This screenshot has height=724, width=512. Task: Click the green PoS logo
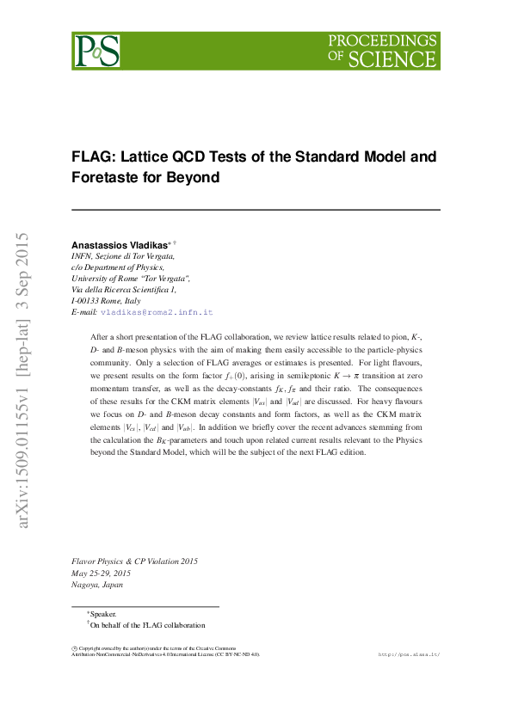[x=96, y=51]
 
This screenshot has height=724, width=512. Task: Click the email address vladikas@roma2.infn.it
[x=156, y=312]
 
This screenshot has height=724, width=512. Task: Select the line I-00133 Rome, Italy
[x=106, y=301]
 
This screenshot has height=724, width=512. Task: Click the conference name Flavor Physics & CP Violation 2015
[x=134, y=561]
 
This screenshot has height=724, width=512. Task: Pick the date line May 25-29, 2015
[x=101, y=573]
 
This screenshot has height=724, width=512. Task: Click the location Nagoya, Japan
[x=96, y=585]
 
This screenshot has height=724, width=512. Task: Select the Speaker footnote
[x=102, y=615]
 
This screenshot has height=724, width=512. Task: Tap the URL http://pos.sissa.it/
[x=409, y=654]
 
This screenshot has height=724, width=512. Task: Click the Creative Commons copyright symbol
[x=74, y=647]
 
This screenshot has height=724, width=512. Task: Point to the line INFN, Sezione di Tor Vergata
[x=123, y=256]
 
